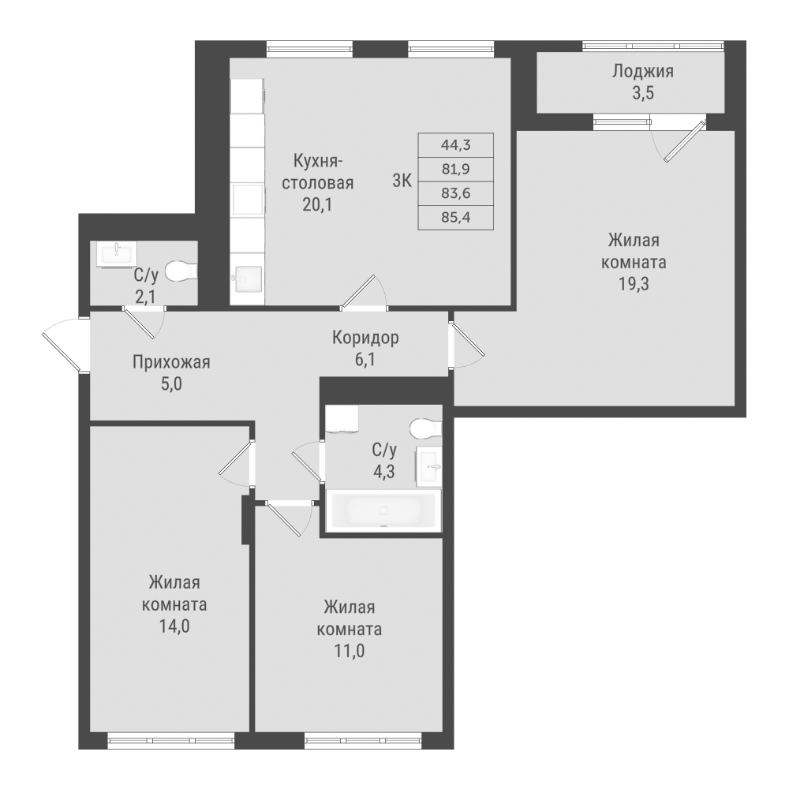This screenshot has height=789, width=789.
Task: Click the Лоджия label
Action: click(x=642, y=72)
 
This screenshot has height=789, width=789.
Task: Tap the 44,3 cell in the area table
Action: click(x=455, y=145)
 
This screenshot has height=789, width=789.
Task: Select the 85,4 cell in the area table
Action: click(x=455, y=218)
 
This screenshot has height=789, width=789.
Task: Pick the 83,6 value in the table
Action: click(x=455, y=193)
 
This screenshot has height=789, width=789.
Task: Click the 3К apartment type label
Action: click(x=402, y=181)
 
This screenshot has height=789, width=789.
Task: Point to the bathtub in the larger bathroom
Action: click(x=383, y=510)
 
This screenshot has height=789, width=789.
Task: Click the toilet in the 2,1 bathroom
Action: click(x=181, y=271)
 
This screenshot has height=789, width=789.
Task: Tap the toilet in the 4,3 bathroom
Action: click(x=426, y=428)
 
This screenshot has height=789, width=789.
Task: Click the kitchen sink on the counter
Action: click(x=248, y=279)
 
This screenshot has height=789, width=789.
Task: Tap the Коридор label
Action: click(x=365, y=337)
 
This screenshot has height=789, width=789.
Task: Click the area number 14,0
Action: click(x=174, y=626)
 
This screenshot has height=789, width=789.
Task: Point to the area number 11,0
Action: click(x=350, y=651)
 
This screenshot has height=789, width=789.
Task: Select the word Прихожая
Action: click(x=171, y=362)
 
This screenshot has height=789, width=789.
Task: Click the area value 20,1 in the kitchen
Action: click(x=317, y=205)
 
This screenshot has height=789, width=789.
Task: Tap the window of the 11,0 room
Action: click(x=362, y=740)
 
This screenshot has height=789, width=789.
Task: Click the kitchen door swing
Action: click(x=365, y=291)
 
